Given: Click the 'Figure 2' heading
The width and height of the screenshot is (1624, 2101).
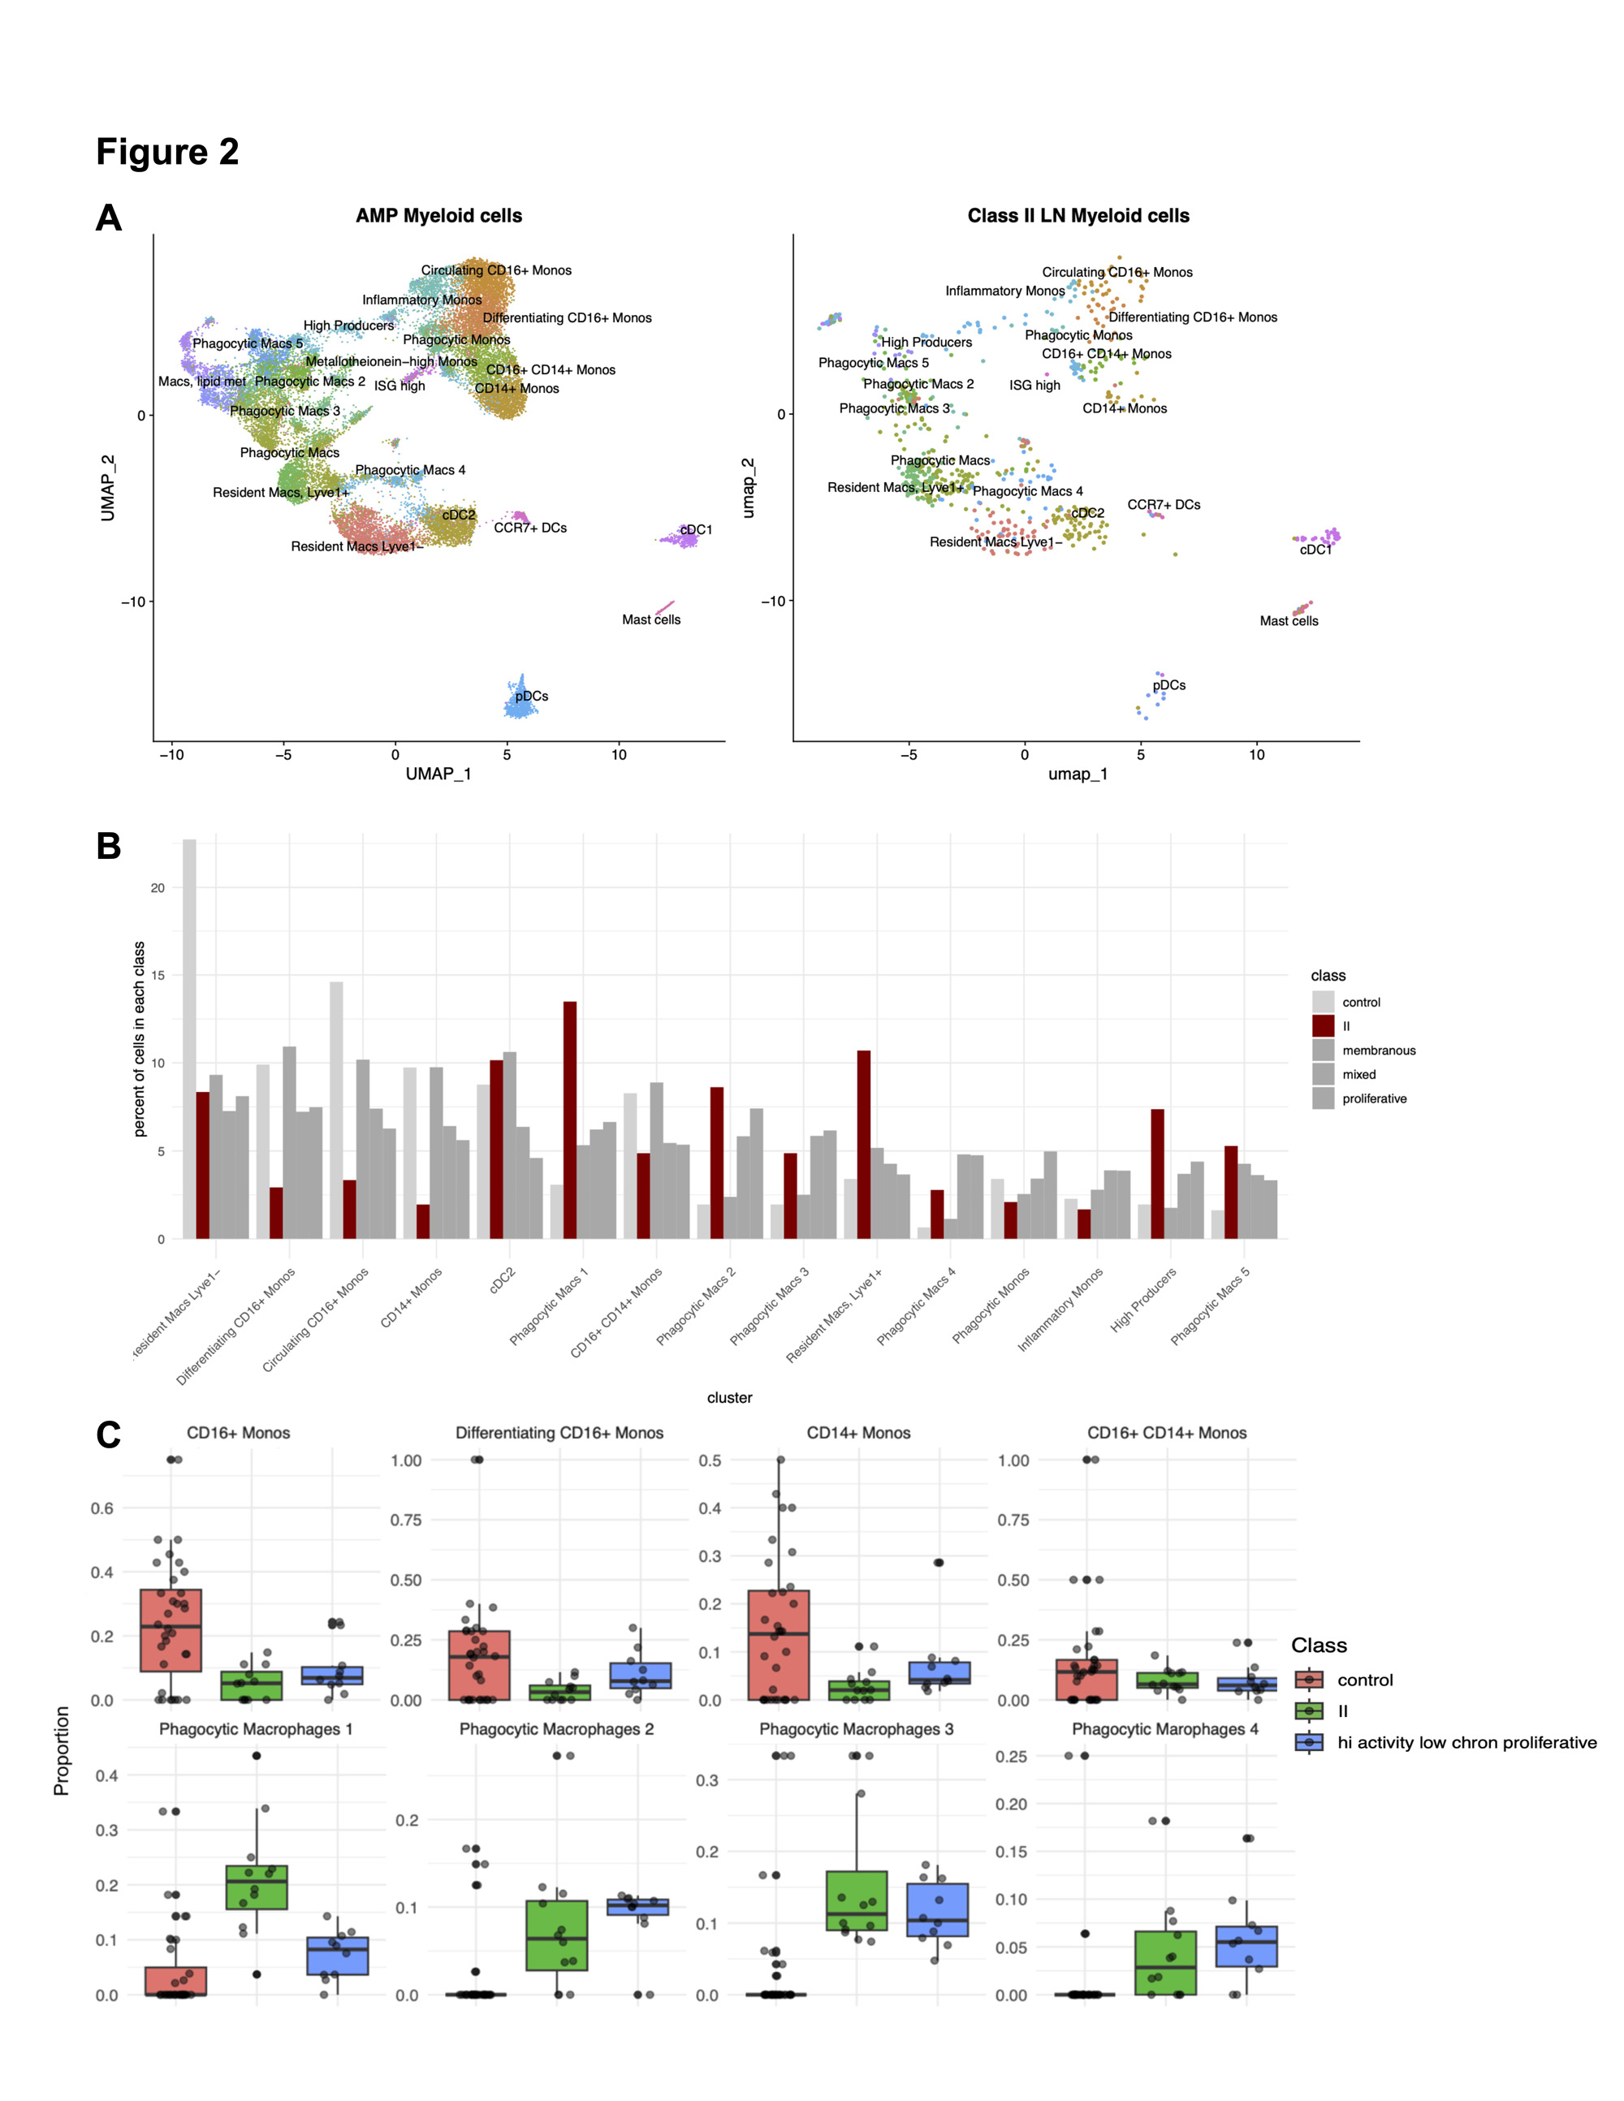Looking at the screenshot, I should click(167, 152).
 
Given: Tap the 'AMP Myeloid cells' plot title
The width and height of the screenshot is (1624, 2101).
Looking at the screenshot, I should click(438, 215).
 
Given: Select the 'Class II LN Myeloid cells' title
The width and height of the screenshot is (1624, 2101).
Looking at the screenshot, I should click(1078, 215).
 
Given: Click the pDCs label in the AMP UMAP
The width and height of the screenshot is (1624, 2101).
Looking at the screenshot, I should click(531, 696).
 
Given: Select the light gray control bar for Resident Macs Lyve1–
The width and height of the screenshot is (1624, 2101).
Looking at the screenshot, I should click(189, 1039).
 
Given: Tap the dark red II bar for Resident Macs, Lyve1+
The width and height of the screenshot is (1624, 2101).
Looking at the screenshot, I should click(863, 1144).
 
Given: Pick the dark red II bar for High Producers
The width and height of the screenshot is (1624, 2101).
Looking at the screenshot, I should click(1157, 1174).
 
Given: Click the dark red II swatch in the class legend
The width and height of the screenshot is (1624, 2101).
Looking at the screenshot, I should click(1323, 1026).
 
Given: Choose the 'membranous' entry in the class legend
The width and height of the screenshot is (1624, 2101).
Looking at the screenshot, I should click(1378, 1050).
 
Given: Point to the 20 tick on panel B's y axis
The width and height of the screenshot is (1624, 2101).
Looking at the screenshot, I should click(158, 888).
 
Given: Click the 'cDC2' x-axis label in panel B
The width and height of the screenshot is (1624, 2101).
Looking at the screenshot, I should click(502, 1280).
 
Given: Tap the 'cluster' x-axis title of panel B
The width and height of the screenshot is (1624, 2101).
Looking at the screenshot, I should click(729, 1398).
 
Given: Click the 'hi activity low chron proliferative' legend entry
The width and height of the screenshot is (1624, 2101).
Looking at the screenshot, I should click(1466, 1742).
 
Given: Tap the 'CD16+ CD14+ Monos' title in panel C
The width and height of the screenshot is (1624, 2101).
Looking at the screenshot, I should click(1166, 1432).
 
